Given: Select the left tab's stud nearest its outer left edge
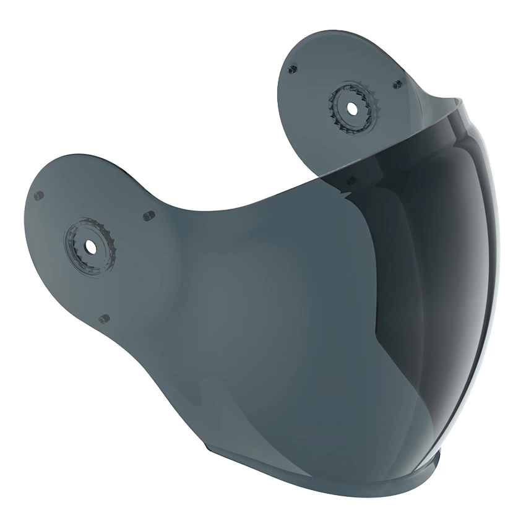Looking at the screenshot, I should (38, 196).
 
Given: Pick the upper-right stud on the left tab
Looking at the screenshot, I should (149, 216).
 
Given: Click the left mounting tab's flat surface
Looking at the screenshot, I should (68, 278).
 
